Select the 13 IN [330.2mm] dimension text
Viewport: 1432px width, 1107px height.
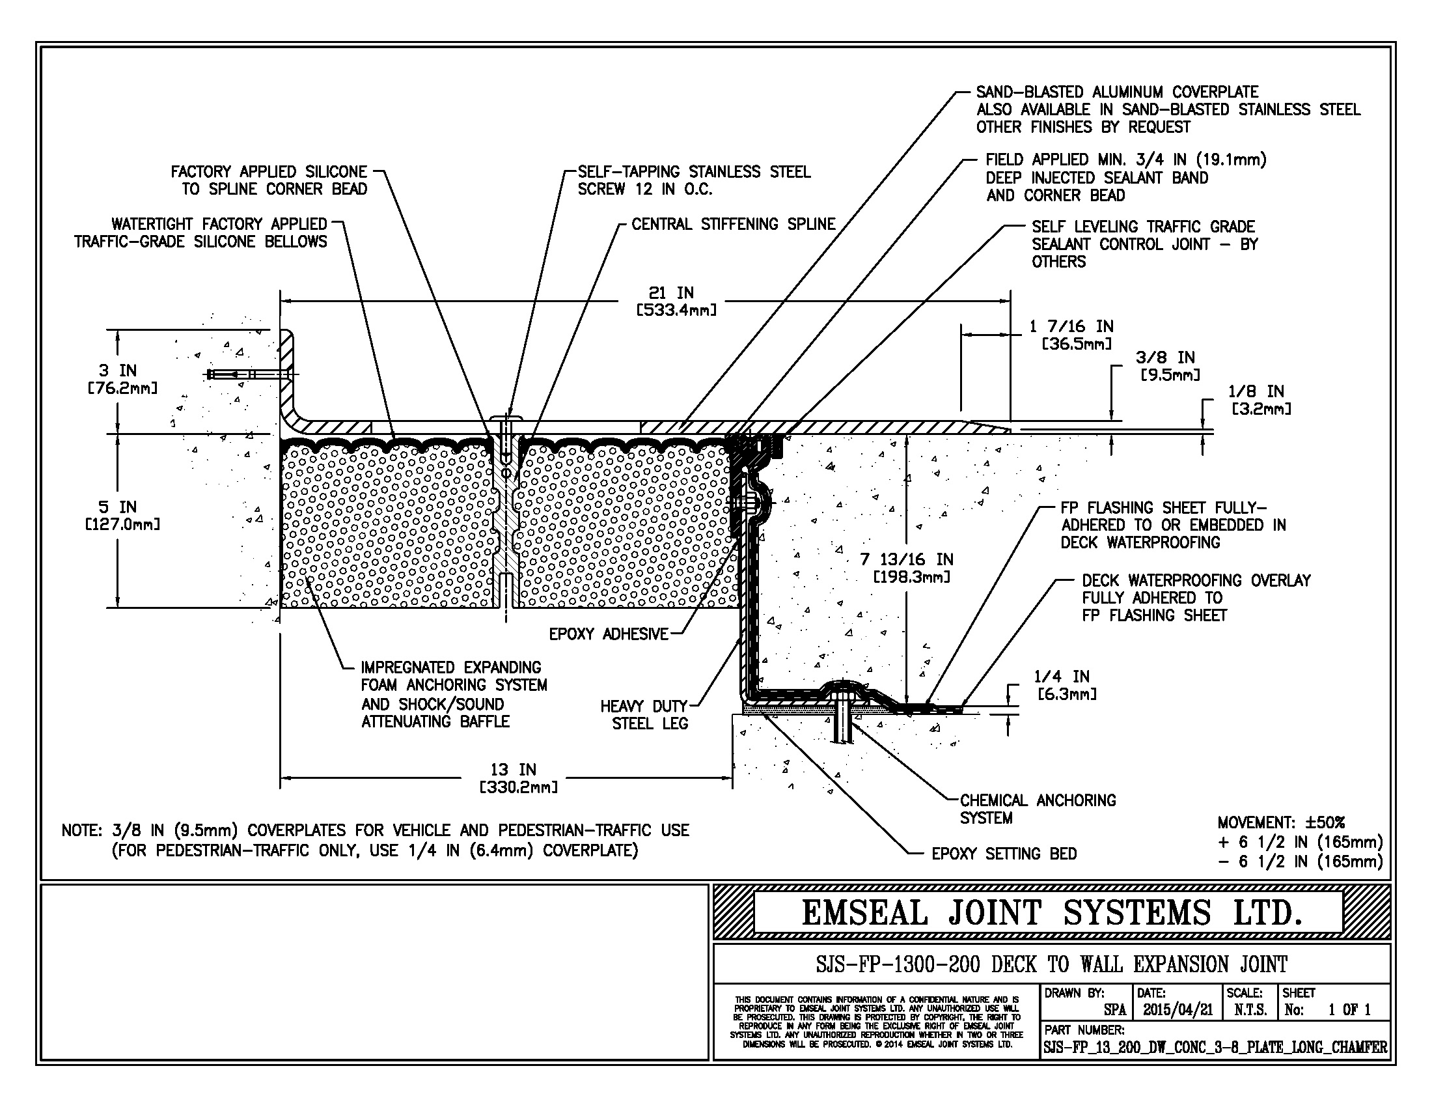514,778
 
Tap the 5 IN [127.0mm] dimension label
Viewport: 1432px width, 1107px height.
118,516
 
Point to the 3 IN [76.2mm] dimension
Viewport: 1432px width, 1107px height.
118,379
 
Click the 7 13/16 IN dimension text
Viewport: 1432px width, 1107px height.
907,568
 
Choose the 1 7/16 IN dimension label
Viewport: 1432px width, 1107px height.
1071,335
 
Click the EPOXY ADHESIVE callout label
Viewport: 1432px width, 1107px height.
609,634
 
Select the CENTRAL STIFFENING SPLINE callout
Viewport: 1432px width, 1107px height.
733,224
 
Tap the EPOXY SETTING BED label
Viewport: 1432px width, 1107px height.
1004,854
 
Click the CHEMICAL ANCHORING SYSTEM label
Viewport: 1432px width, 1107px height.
1038,809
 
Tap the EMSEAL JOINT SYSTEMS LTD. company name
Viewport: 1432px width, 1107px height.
1051,913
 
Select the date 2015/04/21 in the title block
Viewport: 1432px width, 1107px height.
1177,1010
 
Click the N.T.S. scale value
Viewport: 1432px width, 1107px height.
1250,1010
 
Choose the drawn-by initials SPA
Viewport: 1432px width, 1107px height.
1114,1010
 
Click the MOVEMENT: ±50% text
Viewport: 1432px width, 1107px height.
1280,822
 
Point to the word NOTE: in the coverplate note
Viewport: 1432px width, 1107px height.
82,831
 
